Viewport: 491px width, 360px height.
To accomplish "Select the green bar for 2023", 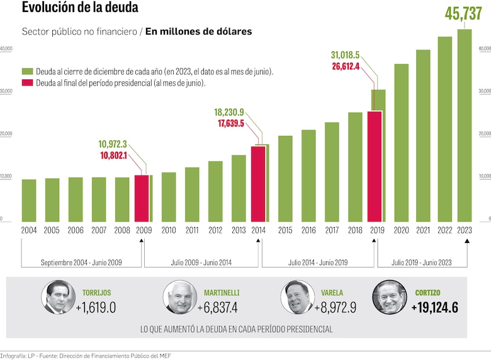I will point(464,126).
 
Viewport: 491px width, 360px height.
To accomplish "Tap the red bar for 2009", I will point(142,198).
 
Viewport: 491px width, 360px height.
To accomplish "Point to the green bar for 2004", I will point(29,200).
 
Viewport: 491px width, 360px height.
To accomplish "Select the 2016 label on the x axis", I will point(308,230).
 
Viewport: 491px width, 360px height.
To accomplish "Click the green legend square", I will point(28,72).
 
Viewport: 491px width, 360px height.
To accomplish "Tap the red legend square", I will point(28,82).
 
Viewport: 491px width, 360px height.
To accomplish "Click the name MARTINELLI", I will point(222,293).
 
